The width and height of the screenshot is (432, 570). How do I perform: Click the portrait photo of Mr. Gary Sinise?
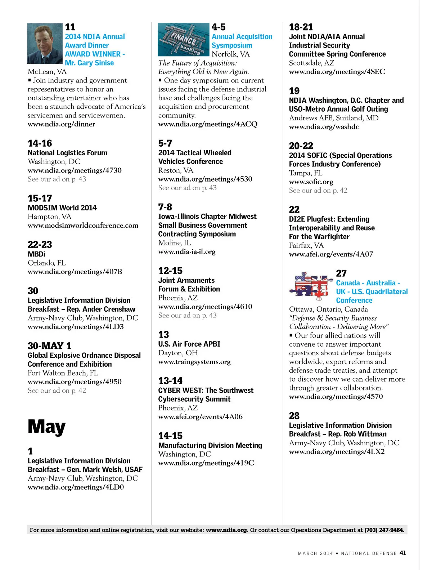coord(45,44)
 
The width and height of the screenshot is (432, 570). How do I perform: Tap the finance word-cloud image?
coord(184,40)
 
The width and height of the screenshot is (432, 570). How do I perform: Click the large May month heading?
coord(47,427)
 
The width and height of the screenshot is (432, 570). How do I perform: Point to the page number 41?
coord(402,553)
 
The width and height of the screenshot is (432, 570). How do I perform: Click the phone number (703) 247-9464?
coord(384,530)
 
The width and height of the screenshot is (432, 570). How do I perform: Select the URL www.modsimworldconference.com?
coord(83,225)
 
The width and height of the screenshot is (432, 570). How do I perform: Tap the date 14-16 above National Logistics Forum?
coord(40,143)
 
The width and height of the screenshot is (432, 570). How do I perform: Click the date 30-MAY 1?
coord(49,346)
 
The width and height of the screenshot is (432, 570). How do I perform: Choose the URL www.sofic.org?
coord(311,182)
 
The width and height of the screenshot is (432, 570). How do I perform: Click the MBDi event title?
coord(36,254)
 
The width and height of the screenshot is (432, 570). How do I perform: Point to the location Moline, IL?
coord(175,243)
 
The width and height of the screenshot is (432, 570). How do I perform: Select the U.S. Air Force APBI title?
coord(189,344)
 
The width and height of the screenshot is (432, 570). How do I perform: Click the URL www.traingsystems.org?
coord(194,361)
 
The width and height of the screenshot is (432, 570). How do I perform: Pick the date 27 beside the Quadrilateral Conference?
coord(341,273)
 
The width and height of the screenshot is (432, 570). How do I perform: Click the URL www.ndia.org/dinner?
coord(62,124)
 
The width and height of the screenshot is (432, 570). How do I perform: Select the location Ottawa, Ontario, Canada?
coord(328,309)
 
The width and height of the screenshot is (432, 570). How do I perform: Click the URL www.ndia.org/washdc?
coord(324,126)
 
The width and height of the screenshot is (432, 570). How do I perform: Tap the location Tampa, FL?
coord(306,173)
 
